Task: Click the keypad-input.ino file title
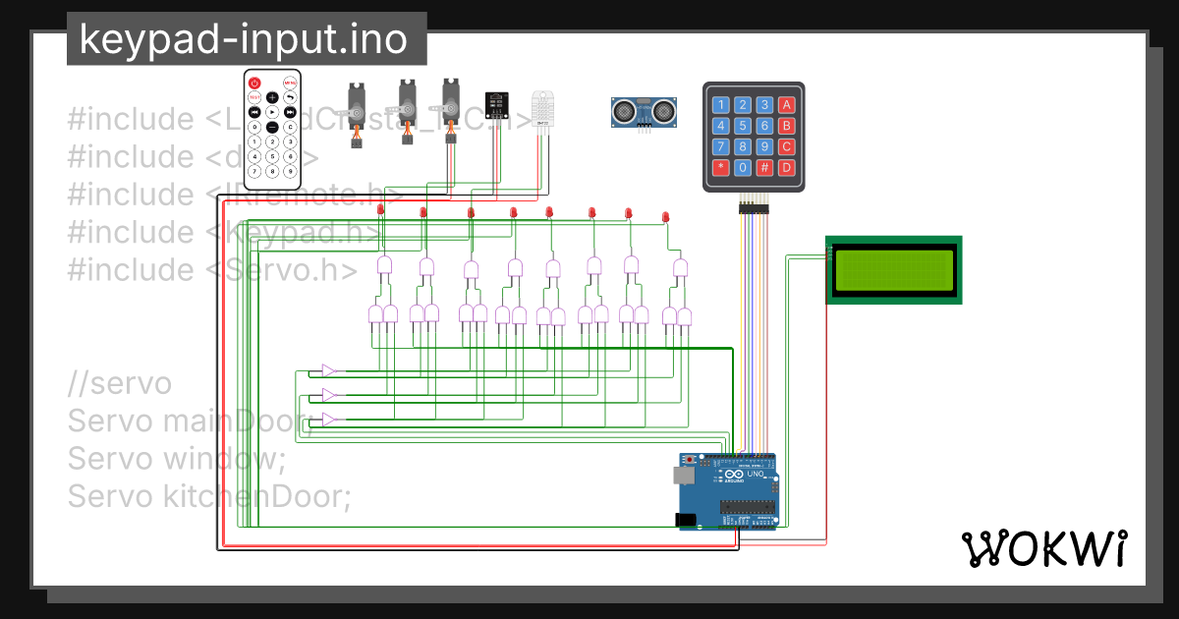246,39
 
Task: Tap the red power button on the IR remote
254,83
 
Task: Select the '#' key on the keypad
764,167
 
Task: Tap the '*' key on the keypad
721,167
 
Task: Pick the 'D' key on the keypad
786,167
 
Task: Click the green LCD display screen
893,270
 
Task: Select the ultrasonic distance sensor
645,111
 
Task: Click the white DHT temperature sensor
543,110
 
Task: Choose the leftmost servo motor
359,110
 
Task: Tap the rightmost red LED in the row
665,215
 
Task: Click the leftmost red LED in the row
380,209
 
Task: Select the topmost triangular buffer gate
329,370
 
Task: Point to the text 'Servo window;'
176,459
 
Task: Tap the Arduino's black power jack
685,520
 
